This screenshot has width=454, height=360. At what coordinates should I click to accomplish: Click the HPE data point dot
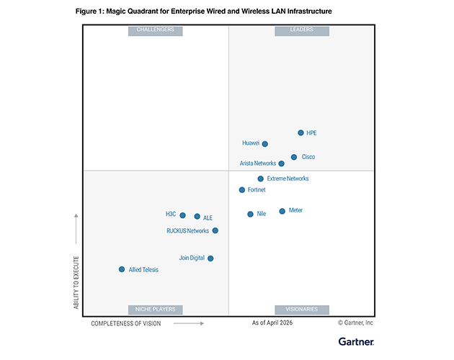coord(301,132)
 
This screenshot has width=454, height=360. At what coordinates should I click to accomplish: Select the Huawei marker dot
coord(265,144)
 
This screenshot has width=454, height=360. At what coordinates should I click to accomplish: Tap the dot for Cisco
coord(294,157)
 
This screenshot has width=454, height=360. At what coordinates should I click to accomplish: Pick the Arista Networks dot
coord(282,163)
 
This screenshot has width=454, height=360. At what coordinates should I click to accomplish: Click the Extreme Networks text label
coord(288,179)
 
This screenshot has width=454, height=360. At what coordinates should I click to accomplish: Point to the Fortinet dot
coord(242,190)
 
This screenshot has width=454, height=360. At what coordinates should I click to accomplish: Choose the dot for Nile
coord(251,214)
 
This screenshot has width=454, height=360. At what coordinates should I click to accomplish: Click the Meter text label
coord(295,210)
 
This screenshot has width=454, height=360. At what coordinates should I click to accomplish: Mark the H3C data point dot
coord(183,215)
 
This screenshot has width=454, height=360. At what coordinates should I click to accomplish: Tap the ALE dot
coord(197,217)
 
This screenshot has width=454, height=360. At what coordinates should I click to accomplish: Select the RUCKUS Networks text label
coord(187,231)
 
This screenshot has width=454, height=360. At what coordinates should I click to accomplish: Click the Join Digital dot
coord(210,258)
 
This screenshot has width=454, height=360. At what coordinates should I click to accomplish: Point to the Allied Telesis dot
coord(122,269)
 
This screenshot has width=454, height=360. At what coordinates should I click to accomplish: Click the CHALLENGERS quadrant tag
coord(156,31)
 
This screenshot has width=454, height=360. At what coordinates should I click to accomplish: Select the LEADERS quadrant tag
coord(302,31)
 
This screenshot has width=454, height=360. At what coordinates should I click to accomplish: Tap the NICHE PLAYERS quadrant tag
coord(156,310)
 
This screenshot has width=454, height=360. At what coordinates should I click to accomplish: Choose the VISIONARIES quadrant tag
coord(302,310)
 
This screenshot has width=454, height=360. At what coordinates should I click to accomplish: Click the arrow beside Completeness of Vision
coord(189,323)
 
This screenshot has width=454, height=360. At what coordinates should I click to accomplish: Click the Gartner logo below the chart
coord(356,342)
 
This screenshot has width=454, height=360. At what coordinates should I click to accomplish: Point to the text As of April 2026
coord(272,323)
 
